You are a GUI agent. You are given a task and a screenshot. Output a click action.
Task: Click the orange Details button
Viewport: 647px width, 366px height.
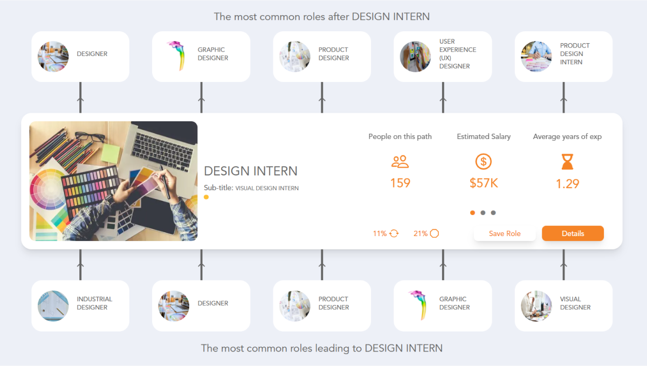tap(573, 233)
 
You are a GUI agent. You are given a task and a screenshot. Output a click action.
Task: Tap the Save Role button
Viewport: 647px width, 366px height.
tap(505, 233)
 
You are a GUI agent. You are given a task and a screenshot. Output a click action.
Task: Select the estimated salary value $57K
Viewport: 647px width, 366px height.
tap(484, 183)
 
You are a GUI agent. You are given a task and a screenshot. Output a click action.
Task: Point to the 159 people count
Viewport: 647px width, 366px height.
tap(400, 183)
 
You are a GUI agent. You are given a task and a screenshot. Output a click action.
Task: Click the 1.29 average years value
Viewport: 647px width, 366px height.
tap(567, 184)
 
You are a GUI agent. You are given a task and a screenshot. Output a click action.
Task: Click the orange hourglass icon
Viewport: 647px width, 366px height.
tap(567, 161)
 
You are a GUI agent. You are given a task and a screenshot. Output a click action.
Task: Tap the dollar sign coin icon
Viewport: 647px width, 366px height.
tap(484, 161)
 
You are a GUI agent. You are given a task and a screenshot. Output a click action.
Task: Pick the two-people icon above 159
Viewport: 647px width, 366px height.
tap(400, 161)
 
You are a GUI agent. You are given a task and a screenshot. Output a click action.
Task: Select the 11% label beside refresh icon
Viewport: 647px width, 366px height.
tap(380, 233)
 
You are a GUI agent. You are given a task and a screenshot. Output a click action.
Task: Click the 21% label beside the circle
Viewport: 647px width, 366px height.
tap(421, 233)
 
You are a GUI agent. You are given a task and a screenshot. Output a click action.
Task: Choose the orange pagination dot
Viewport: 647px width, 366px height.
tap(473, 212)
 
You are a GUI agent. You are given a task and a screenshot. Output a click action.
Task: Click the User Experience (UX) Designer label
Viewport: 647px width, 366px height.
tap(458, 54)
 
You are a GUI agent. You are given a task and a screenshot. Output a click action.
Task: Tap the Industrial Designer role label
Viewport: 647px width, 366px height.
tap(94, 303)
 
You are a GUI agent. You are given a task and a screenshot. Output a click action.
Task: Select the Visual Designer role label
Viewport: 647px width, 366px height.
tap(575, 303)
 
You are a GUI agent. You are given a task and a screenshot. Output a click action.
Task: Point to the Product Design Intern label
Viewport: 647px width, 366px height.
tap(575, 54)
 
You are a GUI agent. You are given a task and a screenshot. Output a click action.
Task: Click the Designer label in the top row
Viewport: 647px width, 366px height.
tap(92, 54)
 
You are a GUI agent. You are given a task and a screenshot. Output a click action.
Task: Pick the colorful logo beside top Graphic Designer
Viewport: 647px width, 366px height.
tap(175, 56)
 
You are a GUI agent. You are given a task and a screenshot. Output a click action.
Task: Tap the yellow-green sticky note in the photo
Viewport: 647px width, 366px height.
tap(111, 153)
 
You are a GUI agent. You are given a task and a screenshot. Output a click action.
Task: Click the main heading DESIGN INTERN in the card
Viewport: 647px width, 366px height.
tap(251, 171)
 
